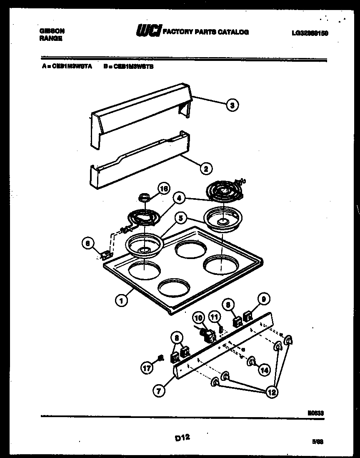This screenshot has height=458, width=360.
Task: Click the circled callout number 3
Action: [x=232, y=106]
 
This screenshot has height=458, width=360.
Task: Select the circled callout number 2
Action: [x=205, y=169]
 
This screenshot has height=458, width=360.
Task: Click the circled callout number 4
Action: [x=179, y=199]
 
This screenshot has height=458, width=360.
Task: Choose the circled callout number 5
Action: [x=180, y=217]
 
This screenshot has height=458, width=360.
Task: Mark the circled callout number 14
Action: [x=264, y=369]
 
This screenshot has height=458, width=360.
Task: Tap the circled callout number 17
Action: [x=147, y=368]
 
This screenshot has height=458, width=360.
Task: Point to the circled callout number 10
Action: [x=198, y=318]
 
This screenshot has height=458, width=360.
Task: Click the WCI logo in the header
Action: [x=147, y=31]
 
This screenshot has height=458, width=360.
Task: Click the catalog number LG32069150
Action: [x=310, y=33]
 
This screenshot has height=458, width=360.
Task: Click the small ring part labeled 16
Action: [x=144, y=196]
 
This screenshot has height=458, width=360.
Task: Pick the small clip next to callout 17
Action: [x=160, y=357]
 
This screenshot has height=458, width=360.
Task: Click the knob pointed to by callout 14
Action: [x=251, y=362]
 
